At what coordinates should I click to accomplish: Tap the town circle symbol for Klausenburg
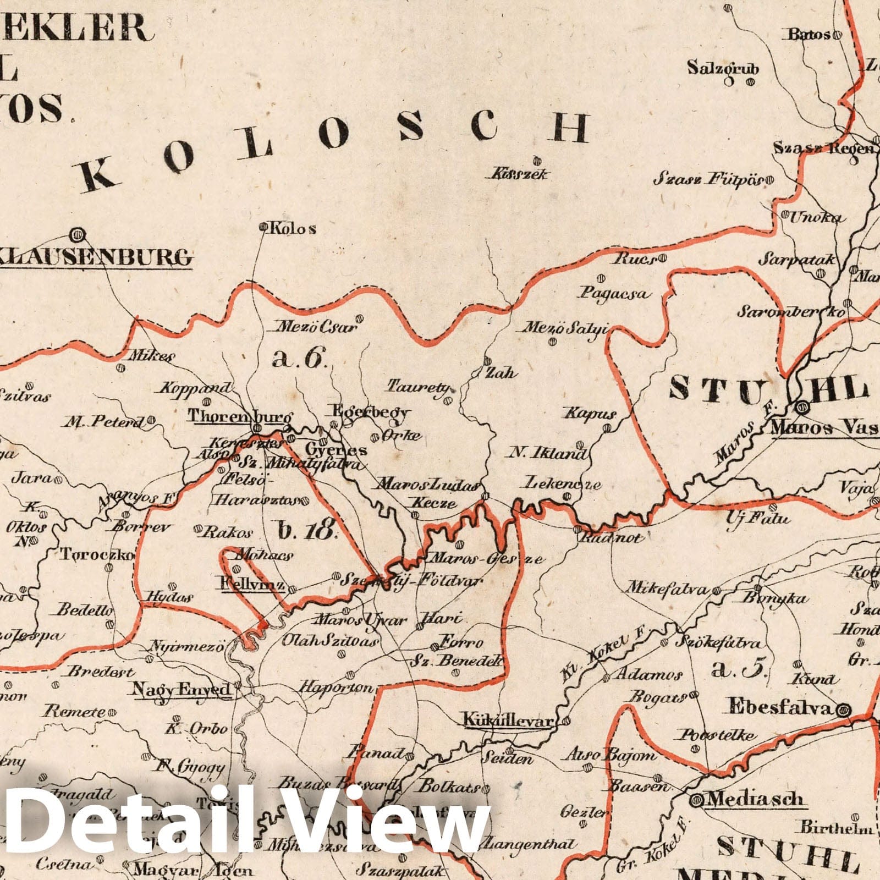point(76,235)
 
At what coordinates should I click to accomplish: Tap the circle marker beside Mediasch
point(697,798)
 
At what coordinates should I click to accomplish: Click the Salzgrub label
point(723,69)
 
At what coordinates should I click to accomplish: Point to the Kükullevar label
point(507,720)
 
